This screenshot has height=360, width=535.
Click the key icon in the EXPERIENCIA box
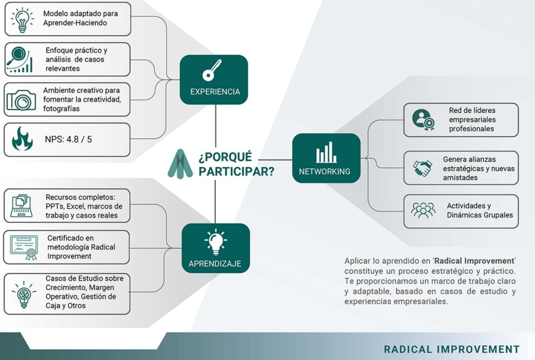click(x=214, y=72)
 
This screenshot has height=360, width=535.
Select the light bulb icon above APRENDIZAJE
click(x=215, y=243)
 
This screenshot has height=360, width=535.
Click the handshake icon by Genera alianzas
click(x=423, y=168)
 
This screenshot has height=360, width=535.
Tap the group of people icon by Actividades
click(x=423, y=210)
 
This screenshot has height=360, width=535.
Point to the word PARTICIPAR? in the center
click(x=236, y=171)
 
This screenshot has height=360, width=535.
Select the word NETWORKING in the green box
click(x=324, y=171)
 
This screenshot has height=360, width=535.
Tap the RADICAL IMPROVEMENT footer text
click(x=452, y=350)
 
